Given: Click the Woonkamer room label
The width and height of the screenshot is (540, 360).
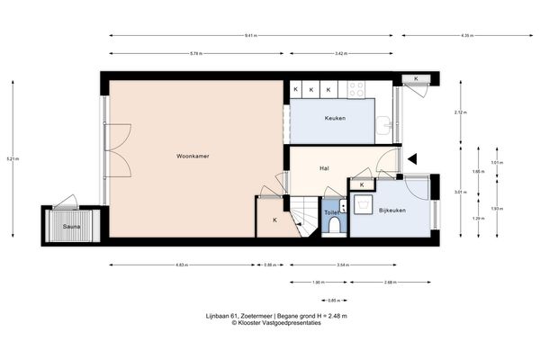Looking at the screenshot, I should (x=193, y=156).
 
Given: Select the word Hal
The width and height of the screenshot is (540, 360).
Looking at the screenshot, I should (x=324, y=168).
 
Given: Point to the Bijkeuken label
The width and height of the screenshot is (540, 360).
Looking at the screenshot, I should (x=393, y=211).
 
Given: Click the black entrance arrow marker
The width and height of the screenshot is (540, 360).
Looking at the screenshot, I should (x=413, y=158).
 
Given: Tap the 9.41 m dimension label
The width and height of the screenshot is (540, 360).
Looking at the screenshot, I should (x=250, y=36).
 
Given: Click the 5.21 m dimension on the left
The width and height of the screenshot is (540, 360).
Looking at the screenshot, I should (x=12, y=158).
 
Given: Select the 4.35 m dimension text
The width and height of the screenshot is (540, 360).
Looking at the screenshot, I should (x=466, y=36).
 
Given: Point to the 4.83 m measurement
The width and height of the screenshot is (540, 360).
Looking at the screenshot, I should (x=181, y=265).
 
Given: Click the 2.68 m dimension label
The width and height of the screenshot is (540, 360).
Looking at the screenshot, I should (x=389, y=282).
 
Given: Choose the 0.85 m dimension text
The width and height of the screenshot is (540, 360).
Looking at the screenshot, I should (x=332, y=300).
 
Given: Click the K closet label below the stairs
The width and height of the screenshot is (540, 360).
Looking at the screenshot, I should (x=274, y=220).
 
